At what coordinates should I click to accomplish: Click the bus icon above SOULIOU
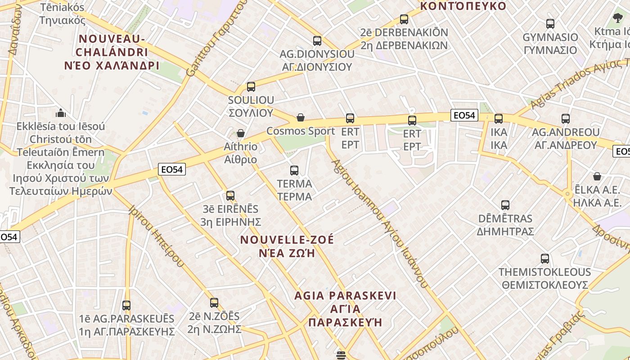click(251, 87)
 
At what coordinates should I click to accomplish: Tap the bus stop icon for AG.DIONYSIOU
click(317, 41)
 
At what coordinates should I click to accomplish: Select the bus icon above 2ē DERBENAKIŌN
click(404, 19)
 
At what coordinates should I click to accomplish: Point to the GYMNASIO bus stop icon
click(550, 24)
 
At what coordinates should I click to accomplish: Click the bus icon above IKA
click(499, 119)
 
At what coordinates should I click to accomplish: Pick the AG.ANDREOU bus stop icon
click(566, 119)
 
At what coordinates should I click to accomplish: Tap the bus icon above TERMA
click(294, 171)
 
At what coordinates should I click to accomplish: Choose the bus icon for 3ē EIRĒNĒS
click(230, 196)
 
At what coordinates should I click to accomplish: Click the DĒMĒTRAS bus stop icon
click(505, 206)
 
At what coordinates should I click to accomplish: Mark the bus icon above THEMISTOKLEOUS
click(545, 259)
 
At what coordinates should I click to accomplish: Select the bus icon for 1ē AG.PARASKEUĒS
click(126, 306)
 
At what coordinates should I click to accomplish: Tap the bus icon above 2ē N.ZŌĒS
click(214, 303)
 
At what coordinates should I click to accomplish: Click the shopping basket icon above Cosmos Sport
click(301, 118)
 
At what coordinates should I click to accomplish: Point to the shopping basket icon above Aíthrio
click(241, 133)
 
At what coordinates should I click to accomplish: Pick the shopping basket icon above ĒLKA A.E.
click(597, 176)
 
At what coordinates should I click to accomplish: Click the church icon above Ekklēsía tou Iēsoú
click(60, 112)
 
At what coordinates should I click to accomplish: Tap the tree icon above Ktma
click(617, 18)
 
